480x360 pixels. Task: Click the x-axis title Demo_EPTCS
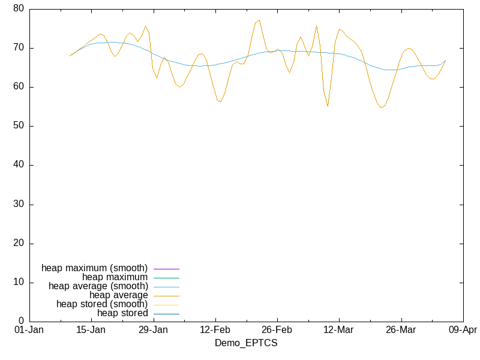[246, 343]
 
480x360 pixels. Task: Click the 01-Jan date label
[28, 330]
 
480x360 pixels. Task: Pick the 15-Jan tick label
[91, 330]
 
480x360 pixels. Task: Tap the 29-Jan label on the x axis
[153, 330]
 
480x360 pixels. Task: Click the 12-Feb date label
[215, 330]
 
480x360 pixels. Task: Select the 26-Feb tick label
[277, 330]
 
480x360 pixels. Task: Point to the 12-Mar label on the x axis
[338, 330]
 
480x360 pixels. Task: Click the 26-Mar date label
[401, 330]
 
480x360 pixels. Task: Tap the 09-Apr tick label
[463, 330]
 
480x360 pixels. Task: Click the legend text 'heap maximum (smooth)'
[94, 268]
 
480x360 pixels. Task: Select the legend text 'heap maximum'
[115, 277]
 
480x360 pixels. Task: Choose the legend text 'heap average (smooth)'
[98, 286]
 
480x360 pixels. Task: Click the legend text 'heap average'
[118, 295]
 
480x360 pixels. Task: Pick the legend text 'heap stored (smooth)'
[102, 304]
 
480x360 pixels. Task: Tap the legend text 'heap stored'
[122, 313]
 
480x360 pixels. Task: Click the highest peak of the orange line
[259, 20]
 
